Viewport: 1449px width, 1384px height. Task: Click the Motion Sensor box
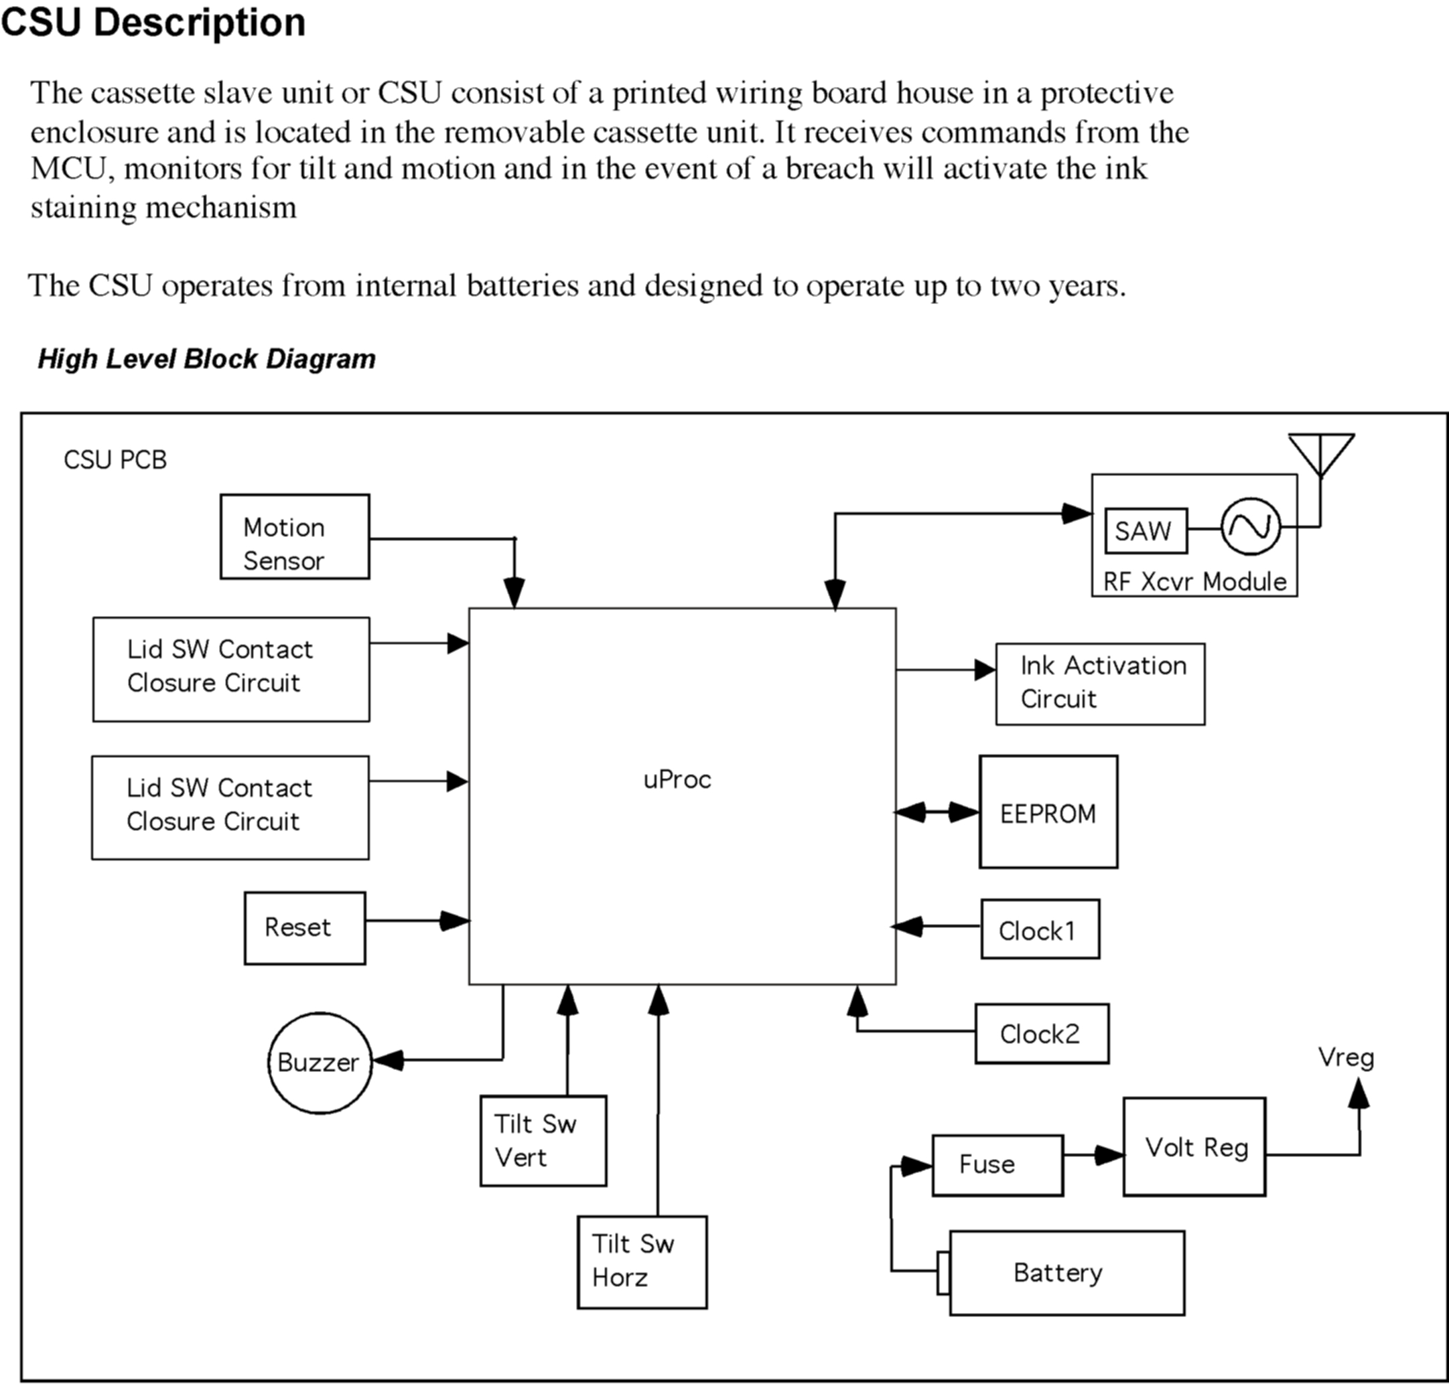(295, 536)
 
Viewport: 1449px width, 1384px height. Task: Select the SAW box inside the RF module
(1146, 530)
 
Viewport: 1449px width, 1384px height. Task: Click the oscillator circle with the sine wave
(1251, 526)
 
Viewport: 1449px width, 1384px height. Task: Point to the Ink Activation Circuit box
(1100, 684)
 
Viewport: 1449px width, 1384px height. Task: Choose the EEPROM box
(1048, 812)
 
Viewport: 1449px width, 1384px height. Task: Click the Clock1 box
(1039, 929)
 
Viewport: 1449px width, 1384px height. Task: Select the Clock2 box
(1042, 1033)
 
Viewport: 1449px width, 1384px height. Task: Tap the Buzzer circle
(320, 1063)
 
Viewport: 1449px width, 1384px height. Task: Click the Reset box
(305, 927)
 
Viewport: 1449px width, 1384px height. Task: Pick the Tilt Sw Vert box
(543, 1140)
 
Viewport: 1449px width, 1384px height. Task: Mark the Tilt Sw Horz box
(642, 1262)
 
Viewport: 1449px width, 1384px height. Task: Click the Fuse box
(997, 1165)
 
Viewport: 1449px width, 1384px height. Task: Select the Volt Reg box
(1194, 1147)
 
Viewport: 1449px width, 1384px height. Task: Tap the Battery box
(1066, 1273)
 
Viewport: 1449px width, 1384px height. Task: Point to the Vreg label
(1346, 1057)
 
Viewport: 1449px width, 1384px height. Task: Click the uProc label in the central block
(677, 780)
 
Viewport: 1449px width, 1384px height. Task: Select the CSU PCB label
(115, 459)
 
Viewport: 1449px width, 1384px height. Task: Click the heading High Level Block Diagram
(207, 358)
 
